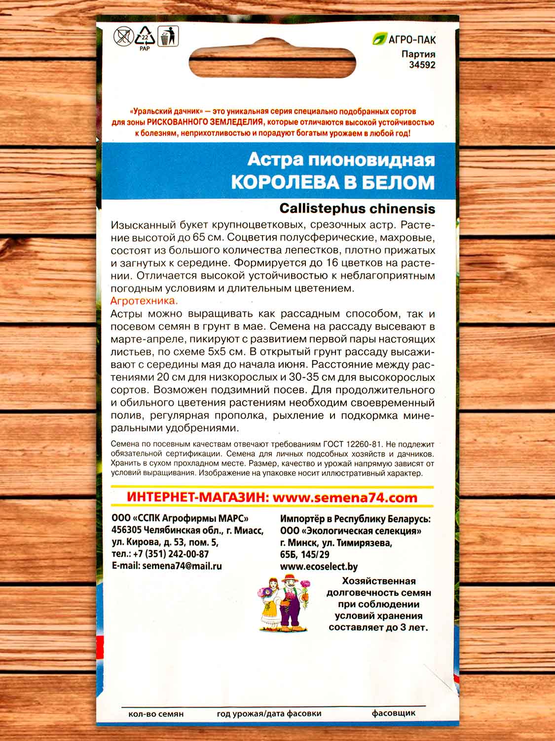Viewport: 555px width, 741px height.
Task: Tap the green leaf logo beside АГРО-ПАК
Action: coord(380,39)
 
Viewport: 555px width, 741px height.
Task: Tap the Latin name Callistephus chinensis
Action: coord(357,208)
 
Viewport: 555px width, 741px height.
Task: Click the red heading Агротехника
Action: coord(144,300)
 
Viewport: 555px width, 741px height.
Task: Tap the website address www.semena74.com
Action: coord(345,497)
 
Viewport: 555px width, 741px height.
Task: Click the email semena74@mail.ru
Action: coord(182,566)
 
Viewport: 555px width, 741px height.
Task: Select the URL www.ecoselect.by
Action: coord(319,567)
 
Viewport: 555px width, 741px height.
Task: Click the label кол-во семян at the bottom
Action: coord(155,714)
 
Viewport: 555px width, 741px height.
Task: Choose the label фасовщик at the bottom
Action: coord(393,713)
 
